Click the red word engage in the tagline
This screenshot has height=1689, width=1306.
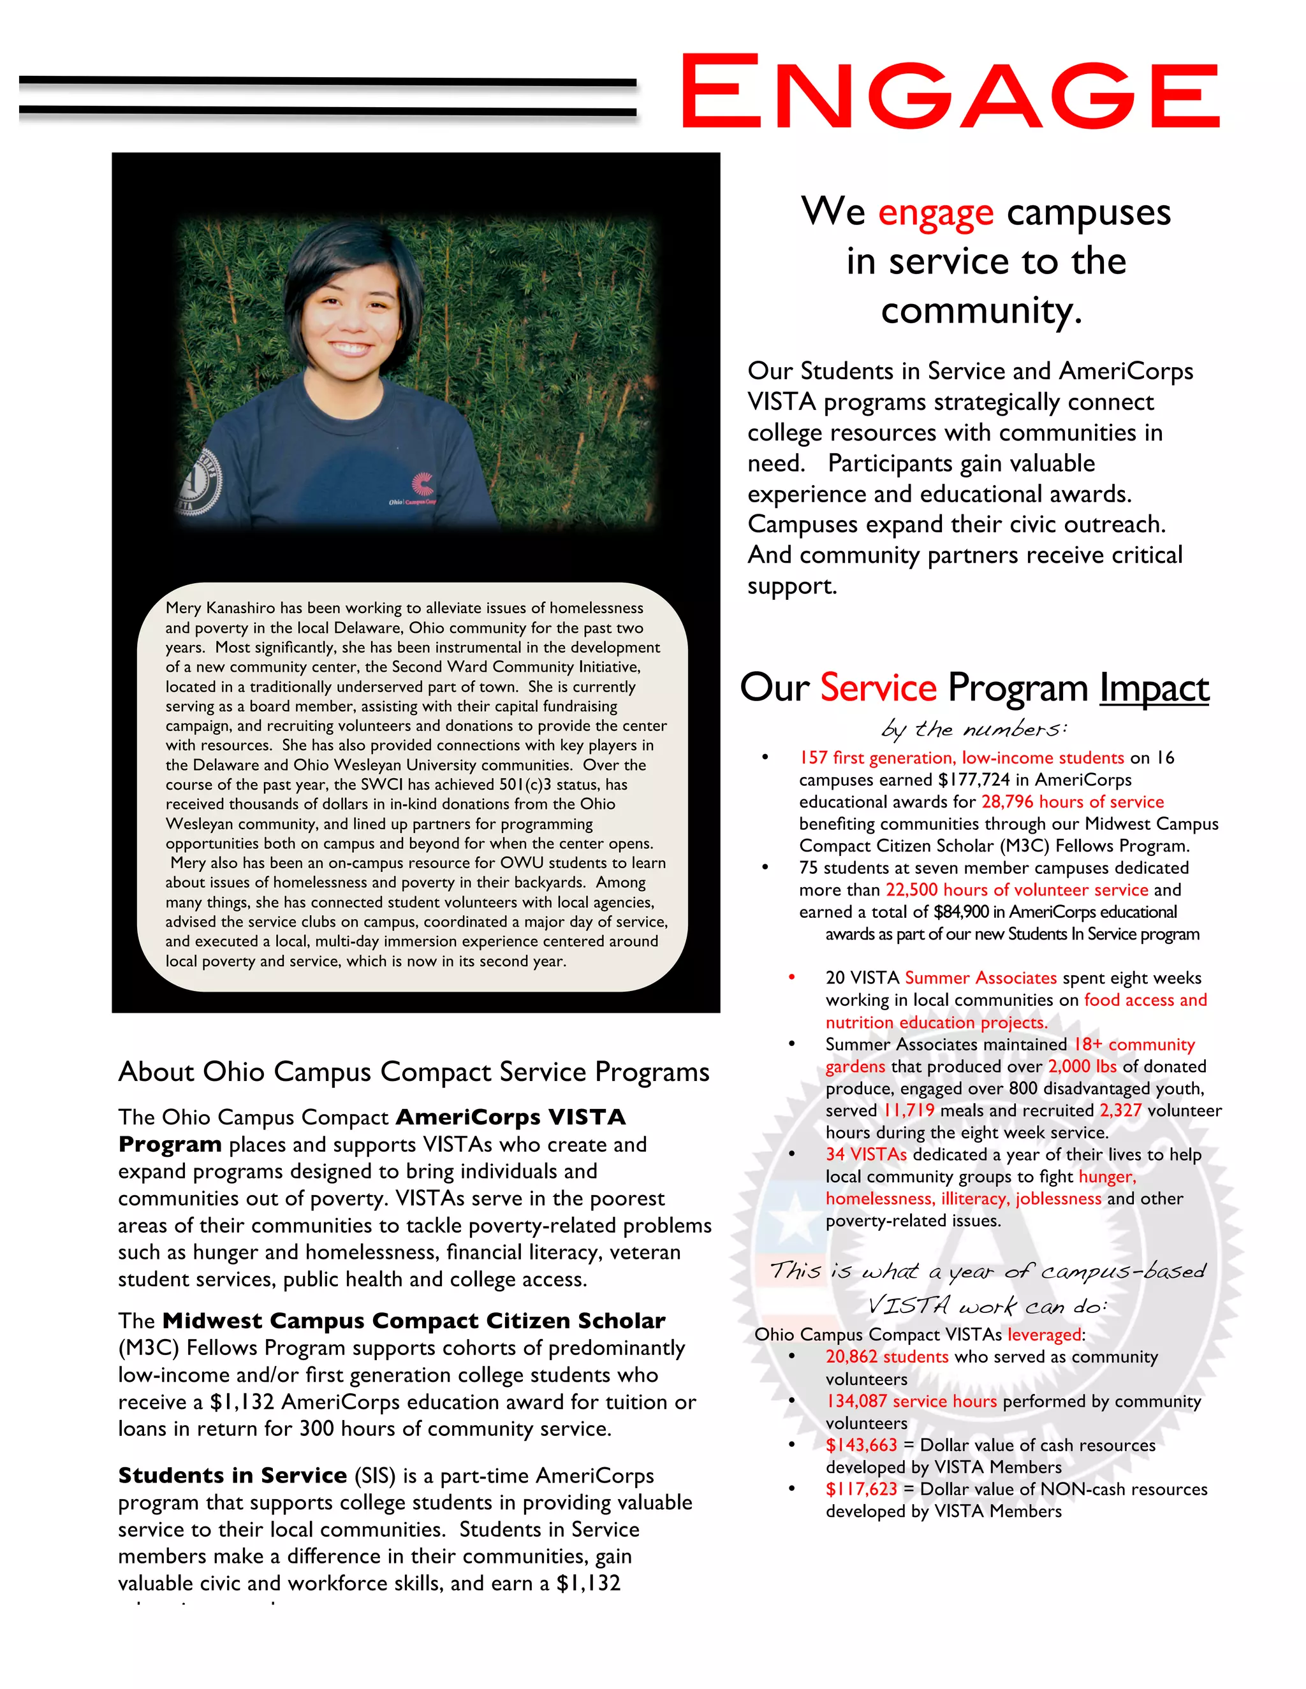[935, 213]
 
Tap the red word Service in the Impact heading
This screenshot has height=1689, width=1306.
[878, 688]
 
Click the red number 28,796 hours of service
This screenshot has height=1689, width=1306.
[1073, 802]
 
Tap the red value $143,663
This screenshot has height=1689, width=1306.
[860, 1446]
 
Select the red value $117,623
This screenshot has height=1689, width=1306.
[860, 1490]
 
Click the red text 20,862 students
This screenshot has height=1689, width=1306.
[886, 1357]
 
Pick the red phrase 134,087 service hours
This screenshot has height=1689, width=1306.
[911, 1402]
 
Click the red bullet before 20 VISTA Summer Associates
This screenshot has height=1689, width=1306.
[791, 978]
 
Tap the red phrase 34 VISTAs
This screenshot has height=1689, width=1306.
[866, 1155]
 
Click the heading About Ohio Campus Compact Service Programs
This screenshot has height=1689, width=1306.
[414, 1072]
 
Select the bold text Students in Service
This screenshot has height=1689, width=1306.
[232, 1475]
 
